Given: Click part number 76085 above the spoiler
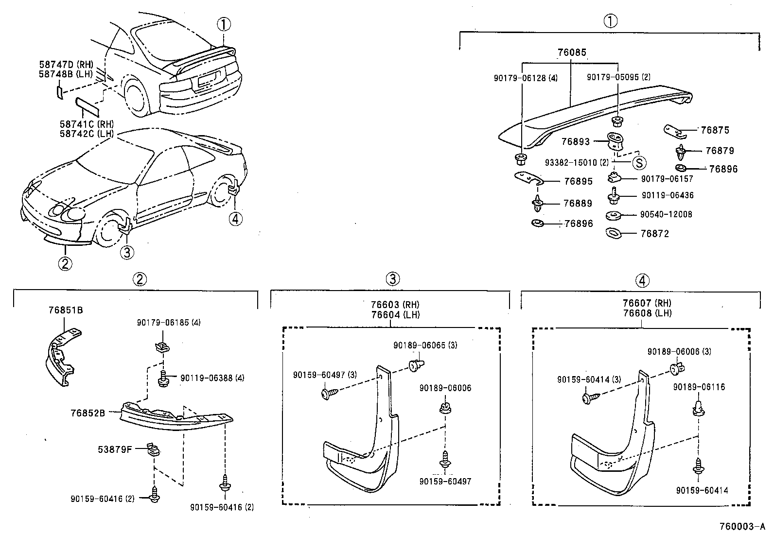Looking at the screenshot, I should tap(571, 52).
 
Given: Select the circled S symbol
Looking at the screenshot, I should tap(638, 162).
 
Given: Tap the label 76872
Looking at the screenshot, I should tap(654, 234).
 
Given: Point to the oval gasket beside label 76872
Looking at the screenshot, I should tap(614, 233).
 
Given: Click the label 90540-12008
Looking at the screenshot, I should tap(666, 214).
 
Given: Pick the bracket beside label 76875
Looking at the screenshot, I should tap(674, 130).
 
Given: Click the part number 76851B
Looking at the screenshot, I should tap(65, 310).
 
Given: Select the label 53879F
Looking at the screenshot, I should tap(115, 449).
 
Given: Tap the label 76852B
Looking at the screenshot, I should tap(88, 413).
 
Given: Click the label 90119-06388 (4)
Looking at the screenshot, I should tap(212, 378).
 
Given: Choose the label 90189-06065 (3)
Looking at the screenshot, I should tap(425, 345).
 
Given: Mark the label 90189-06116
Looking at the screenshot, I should tap(699, 387).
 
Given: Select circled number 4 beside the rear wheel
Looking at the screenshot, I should tap(235, 219).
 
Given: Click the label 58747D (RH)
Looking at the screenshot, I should tap(66, 64).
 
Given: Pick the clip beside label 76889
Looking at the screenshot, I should tap(538, 204).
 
